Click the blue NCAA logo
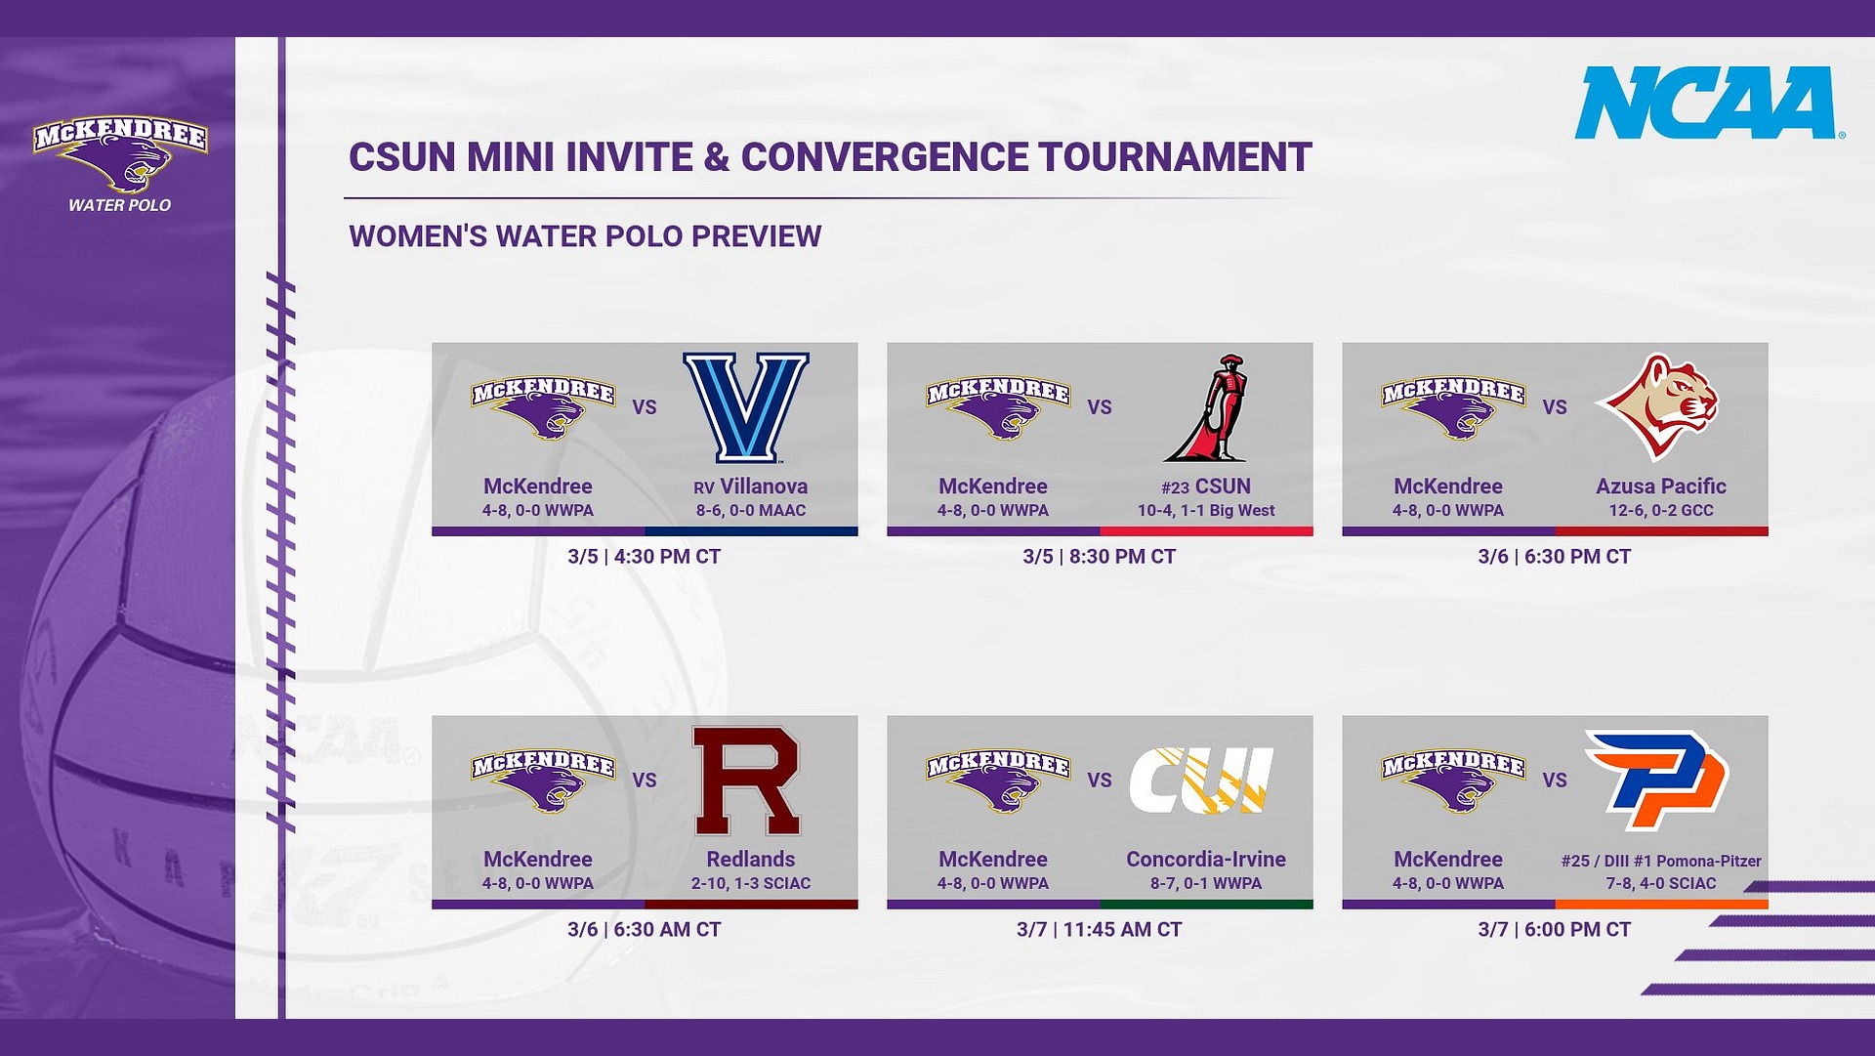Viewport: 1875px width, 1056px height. point(1706,103)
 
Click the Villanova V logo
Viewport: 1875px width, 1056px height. point(746,407)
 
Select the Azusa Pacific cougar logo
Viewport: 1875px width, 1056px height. point(1659,405)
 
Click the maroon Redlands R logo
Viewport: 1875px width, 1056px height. point(746,781)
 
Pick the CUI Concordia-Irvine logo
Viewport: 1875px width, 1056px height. point(1202,781)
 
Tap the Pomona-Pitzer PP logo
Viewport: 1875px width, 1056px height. point(1657,780)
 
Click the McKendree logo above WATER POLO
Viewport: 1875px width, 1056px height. point(120,154)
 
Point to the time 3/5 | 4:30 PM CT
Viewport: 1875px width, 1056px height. point(644,557)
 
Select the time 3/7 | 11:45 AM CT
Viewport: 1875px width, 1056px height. point(1099,930)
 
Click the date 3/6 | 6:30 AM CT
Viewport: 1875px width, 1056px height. point(644,930)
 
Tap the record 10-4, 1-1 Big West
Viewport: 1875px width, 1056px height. point(1206,511)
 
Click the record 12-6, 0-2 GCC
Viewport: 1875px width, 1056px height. point(1661,511)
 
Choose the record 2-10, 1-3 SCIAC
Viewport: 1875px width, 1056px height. point(751,884)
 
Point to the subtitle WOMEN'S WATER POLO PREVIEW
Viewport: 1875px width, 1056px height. point(585,236)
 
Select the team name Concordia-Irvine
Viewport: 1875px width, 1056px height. point(1206,860)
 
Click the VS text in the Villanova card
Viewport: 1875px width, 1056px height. point(645,407)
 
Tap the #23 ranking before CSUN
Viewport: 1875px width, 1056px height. point(1175,487)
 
